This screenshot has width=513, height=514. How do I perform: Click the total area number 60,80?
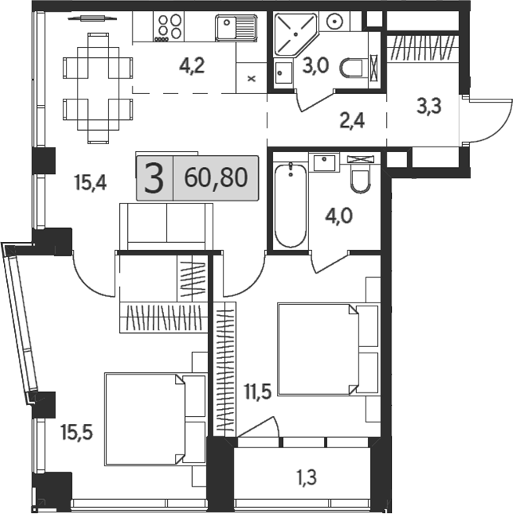pos(216,178)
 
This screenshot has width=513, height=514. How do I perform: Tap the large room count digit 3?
pos(156,179)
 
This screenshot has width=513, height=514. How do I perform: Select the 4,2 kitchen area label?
pos(191,66)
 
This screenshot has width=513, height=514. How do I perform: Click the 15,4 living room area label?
pos(90,183)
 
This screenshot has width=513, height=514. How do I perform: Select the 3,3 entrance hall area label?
pos(427,107)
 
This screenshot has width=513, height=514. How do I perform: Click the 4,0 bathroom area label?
pos(338,213)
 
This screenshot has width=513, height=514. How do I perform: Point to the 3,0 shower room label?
pos(316,66)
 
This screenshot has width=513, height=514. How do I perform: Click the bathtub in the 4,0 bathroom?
pos(289,204)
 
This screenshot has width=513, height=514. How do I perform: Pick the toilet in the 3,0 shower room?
pos(355,69)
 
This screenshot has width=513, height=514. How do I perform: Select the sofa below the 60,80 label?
pos(166,226)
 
